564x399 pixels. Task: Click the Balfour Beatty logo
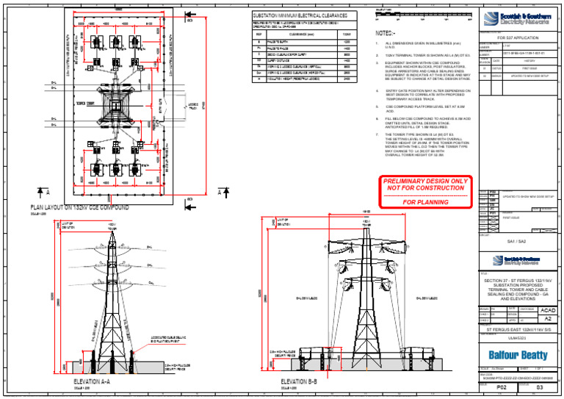coord(518,354)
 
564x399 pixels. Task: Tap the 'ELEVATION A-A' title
coord(92,382)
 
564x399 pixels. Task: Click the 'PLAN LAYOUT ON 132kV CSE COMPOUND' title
coord(79,208)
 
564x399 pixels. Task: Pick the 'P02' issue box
coord(502,387)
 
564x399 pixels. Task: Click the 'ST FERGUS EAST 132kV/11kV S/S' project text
coord(518,329)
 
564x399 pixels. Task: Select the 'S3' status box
coord(540,387)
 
